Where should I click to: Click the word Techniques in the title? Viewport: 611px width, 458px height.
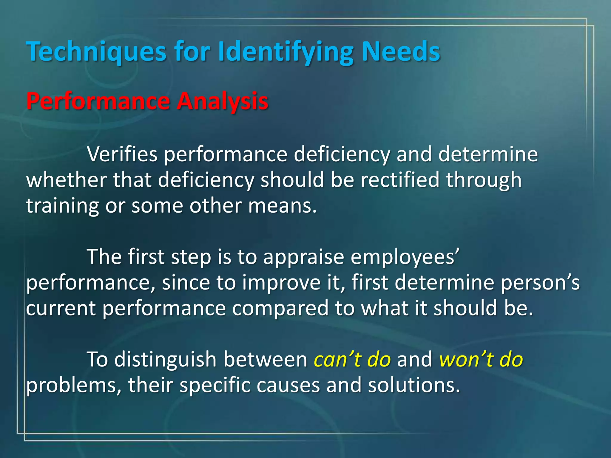pyautogui.click(x=96, y=51)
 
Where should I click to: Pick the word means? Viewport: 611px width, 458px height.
pyautogui.click(x=282, y=206)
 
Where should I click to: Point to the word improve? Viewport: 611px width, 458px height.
pyautogui.click(x=281, y=282)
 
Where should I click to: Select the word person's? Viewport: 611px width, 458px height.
pyautogui.click(x=540, y=282)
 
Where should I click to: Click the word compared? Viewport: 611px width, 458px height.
pyautogui.click(x=280, y=308)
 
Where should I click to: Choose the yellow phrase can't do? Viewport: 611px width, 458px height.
pyautogui.click(x=352, y=359)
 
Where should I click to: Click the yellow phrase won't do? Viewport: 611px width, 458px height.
pyautogui.click(x=481, y=359)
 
